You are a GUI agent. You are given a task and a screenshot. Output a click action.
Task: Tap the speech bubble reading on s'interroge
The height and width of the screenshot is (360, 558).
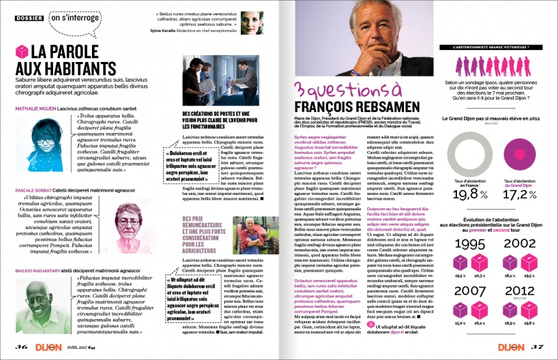(x=74, y=17)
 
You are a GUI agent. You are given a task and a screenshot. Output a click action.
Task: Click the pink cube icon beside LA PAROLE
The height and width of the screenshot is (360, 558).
(x=22, y=52)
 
